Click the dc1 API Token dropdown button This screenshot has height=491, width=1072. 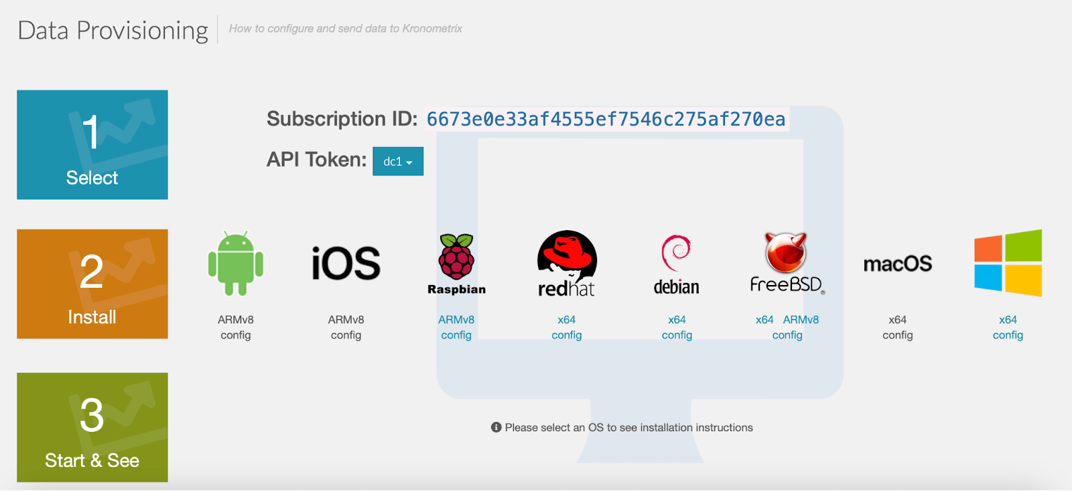point(398,162)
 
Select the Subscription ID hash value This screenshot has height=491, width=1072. point(606,119)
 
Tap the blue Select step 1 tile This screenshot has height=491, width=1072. point(92,145)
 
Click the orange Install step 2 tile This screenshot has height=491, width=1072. point(92,284)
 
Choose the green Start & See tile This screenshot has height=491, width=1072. point(92,427)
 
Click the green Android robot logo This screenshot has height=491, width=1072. point(236,263)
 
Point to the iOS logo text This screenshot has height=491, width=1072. point(346,263)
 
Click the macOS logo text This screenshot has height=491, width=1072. point(897,264)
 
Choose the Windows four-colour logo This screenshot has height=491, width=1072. point(1008,263)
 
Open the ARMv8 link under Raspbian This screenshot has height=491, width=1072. point(456,320)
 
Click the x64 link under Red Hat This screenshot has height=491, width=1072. point(567,320)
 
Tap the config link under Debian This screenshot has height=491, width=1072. point(677,335)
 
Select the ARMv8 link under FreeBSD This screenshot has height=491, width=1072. point(801,320)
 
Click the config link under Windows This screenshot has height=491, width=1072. point(1008,335)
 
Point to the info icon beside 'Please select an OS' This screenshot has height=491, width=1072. point(496,427)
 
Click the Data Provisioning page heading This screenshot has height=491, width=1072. point(113,30)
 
